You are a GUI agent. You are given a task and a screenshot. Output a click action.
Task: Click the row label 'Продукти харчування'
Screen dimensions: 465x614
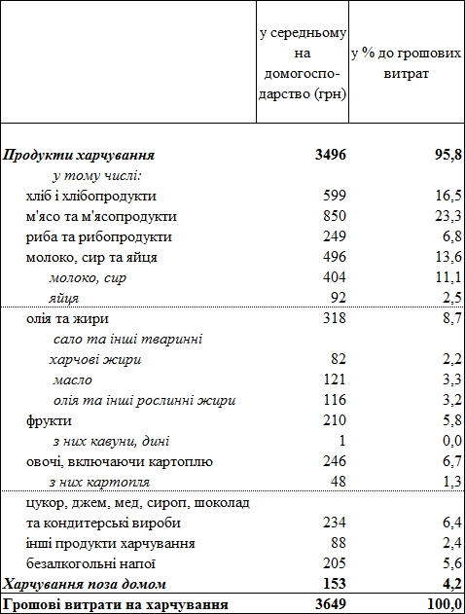tap(79, 155)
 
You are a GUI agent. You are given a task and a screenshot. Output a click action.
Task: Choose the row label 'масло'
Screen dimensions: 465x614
tap(74, 379)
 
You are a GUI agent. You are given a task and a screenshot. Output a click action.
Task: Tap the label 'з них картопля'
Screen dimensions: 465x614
tap(99, 482)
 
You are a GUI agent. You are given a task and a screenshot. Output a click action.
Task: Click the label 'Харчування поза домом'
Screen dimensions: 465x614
tap(84, 584)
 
